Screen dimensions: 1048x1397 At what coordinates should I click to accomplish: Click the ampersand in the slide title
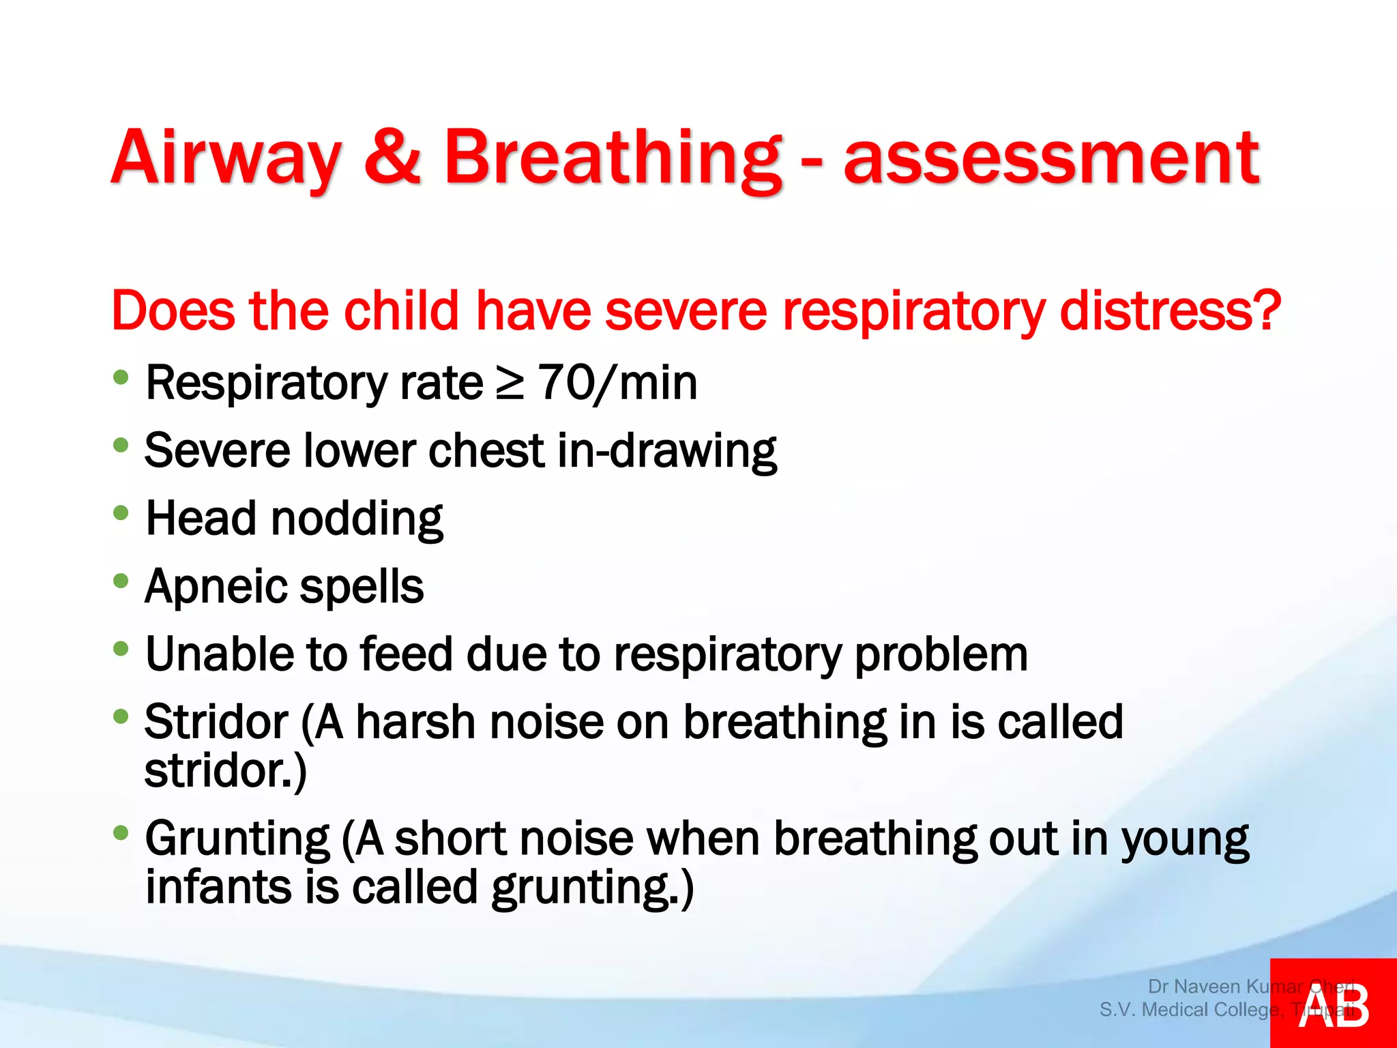[392, 158]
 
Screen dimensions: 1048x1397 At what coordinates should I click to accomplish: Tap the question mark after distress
[1266, 311]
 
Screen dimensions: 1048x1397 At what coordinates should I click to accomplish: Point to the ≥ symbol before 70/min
[510, 383]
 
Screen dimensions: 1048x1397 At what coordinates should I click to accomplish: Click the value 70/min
[618, 383]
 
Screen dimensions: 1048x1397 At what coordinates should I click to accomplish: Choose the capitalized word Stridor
[216, 722]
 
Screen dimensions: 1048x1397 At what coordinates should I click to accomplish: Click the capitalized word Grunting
[237, 839]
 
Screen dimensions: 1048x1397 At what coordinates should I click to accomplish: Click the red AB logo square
[1333, 1003]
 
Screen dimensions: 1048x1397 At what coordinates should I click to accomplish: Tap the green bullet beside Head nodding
[121, 513]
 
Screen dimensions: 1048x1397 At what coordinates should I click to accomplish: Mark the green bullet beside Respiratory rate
[121, 377]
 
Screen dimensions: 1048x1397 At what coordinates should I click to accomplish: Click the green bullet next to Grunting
[121, 833]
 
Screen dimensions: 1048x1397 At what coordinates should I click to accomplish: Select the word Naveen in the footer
[1206, 987]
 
